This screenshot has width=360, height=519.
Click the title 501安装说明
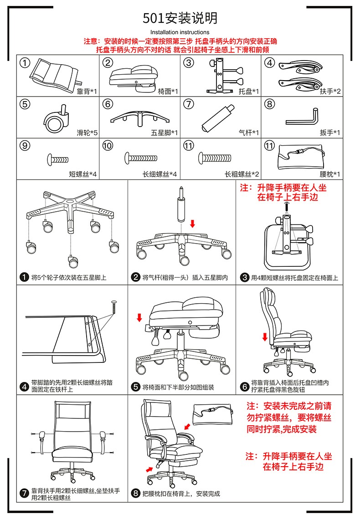(x=180, y=18)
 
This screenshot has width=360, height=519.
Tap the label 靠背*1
(x=87, y=92)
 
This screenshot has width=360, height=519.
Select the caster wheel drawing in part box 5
(x=57, y=119)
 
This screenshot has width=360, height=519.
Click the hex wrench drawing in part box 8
(x=303, y=117)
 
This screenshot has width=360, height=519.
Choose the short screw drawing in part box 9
(x=57, y=159)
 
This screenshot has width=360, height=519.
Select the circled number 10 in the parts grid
(x=108, y=146)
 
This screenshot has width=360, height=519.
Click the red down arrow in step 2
(x=192, y=224)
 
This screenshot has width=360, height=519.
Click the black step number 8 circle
(x=135, y=494)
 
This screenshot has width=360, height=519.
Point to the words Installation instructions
(x=180, y=32)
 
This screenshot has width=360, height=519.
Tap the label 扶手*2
(x=330, y=92)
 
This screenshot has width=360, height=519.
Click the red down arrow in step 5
(x=139, y=317)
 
